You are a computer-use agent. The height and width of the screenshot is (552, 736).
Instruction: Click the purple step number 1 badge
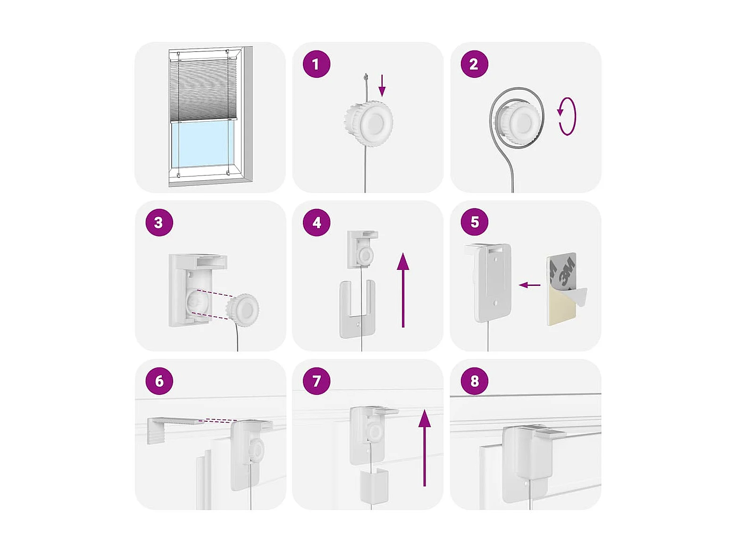316,64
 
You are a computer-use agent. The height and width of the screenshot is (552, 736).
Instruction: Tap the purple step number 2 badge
474,64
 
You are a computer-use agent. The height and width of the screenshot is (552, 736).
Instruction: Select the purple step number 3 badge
159,223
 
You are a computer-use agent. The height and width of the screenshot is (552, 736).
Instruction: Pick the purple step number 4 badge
316,223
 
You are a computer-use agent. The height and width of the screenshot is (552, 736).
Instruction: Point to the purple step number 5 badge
474,222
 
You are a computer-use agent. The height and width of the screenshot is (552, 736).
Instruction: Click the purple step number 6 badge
159,381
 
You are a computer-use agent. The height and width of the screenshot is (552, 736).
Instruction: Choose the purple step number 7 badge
316,381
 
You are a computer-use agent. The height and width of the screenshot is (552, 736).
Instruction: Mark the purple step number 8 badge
474,381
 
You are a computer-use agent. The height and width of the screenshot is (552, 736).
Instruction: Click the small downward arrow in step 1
382,85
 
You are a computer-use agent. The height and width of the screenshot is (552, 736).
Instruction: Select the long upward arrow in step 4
403,290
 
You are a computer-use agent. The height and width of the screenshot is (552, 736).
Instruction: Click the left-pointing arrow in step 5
529,285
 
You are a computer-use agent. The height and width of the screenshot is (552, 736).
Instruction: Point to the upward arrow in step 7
425,448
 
